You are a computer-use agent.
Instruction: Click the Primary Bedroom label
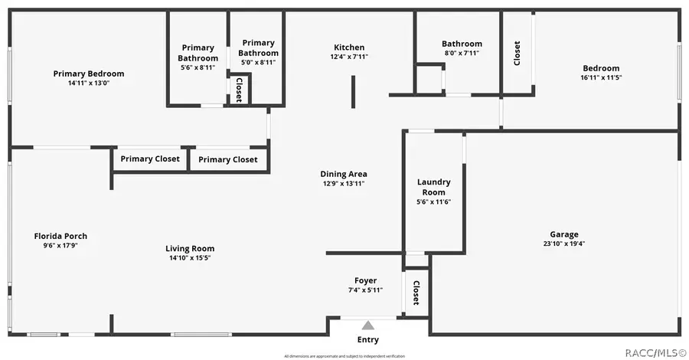(x=88, y=74)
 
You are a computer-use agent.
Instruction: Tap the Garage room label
(x=564, y=234)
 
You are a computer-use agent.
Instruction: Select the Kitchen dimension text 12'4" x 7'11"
(x=349, y=57)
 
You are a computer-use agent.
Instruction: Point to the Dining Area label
(x=343, y=174)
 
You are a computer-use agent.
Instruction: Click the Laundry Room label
(x=433, y=187)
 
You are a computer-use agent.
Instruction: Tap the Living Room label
(x=190, y=248)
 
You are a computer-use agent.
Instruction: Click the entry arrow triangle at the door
(x=368, y=325)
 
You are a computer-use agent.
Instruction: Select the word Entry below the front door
(x=368, y=340)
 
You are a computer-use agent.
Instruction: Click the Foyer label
(x=365, y=280)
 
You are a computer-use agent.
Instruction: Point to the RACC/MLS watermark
(x=655, y=353)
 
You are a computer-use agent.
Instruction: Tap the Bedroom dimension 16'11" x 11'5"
(x=600, y=77)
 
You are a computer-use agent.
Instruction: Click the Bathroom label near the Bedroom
(x=462, y=44)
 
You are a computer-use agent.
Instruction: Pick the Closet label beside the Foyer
(x=416, y=292)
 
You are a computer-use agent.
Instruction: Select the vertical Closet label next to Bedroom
(x=517, y=52)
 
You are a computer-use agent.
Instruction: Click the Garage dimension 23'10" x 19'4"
(x=564, y=244)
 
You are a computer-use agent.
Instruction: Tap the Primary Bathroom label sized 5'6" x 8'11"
(x=198, y=53)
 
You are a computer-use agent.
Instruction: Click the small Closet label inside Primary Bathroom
(x=239, y=90)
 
